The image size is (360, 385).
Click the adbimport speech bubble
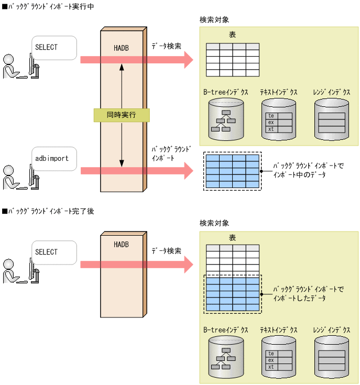coord(54,159)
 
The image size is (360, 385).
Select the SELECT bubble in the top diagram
coord(54,48)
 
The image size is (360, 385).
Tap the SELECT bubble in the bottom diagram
coord(54,252)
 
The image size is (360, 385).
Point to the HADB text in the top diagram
coord(121,48)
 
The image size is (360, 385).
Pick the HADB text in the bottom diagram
coord(121,245)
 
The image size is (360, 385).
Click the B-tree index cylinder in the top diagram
coord(226,120)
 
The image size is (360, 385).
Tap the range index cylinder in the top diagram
coord(332,120)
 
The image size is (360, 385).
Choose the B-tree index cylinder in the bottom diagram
coord(226,358)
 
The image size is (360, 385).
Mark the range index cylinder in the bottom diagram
coord(332,358)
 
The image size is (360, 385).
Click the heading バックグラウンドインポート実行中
coord(49,6)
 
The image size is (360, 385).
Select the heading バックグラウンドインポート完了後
coord(49,211)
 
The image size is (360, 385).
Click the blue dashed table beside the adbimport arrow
coord(232,172)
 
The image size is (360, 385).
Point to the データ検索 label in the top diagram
coord(167,46)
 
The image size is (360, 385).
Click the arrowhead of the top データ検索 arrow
coord(187,60)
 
